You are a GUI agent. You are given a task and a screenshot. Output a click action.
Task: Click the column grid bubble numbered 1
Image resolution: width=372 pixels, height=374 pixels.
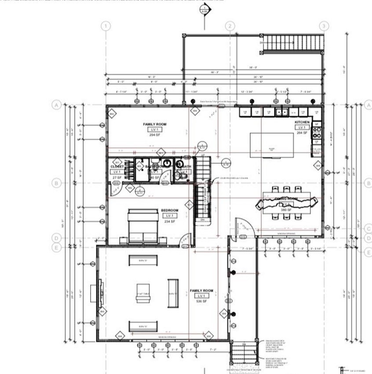pos(106,26)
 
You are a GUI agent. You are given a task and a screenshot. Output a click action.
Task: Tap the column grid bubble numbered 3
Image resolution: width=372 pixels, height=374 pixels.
pos(324,26)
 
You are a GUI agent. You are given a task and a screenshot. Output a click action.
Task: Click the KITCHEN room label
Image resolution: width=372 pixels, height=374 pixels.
pos(302,122)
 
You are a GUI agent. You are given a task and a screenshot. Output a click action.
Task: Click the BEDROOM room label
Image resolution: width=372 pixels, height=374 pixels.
pos(168,211)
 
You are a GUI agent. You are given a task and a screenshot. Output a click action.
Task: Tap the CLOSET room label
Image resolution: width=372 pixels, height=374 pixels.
pos(117,167)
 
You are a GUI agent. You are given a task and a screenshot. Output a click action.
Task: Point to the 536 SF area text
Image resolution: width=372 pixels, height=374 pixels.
pos(201,302)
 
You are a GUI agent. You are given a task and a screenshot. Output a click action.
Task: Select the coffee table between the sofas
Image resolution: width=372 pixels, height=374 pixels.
pos(143,294)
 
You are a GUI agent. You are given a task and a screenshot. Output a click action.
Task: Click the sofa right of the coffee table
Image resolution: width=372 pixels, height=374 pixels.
pos(173,293)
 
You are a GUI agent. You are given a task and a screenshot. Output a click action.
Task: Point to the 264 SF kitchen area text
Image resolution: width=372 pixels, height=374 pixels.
pos(302,132)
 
